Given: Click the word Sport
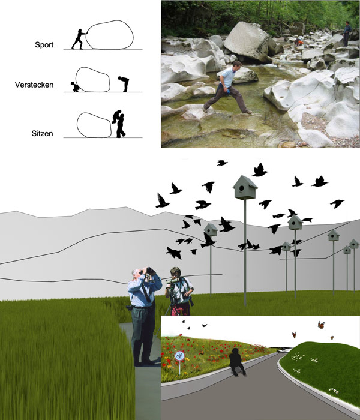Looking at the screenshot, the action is (44, 45).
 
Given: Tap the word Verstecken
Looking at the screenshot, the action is (34, 85).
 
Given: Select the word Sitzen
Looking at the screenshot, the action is (42, 133).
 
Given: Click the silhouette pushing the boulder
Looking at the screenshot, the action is (79, 39).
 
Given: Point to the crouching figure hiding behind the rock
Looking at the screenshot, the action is (75, 87).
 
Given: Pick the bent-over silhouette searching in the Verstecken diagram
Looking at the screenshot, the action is (124, 83).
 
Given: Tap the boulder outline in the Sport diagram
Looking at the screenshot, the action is (110, 35).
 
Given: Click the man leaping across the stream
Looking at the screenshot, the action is (227, 88).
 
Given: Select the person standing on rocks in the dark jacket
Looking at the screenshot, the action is (347, 34).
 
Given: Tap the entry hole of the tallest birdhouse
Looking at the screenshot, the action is (241, 188).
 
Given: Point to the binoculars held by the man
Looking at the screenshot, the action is (149, 271).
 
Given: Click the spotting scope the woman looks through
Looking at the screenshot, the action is (173, 280).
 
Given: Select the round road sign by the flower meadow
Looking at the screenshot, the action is (179, 356).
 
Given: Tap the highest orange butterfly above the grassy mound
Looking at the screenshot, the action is (321, 325).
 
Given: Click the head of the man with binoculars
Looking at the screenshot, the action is (137, 274).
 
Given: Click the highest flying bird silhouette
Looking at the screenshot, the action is (222, 163).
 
